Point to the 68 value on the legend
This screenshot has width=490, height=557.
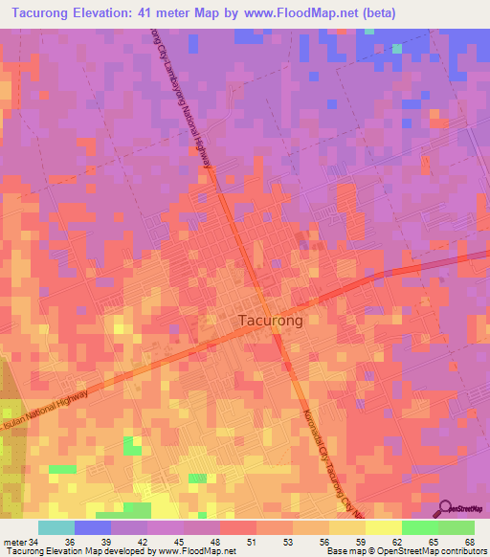pyautogui.click(x=469, y=542)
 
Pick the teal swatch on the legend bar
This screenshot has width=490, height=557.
pyautogui.click(x=56, y=527)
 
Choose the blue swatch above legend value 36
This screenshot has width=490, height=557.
pyautogui.click(x=93, y=527)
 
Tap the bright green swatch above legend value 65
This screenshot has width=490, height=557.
pyautogui.click(x=420, y=527)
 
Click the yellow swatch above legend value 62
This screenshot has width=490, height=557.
pyautogui.click(x=384, y=527)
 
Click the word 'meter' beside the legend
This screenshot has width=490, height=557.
pyautogui.click(x=14, y=542)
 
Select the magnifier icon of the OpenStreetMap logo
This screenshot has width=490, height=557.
pyautogui.click(x=446, y=507)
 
